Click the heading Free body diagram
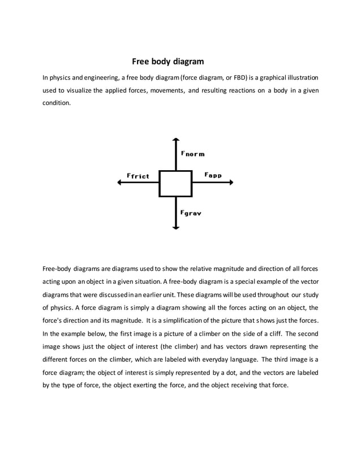point(167,61)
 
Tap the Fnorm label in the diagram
point(192,153)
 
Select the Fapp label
point(213,175)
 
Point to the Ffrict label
point(138,176)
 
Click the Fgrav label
point(191,213)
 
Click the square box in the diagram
point(175,183)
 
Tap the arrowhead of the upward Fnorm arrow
point(176,140)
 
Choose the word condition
point(57,103)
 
